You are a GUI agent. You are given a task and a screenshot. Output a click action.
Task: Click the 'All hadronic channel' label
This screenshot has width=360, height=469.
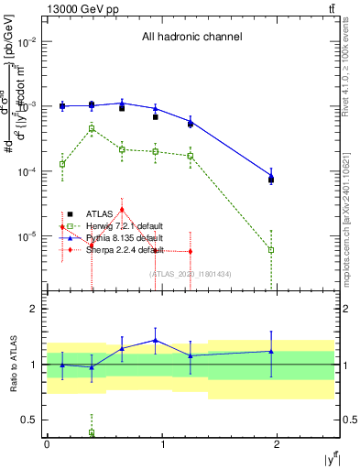pyautogui.click(x=191, y=37)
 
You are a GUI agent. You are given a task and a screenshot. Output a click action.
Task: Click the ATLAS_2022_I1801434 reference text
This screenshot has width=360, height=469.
pyautogui.click(x=190, y=274)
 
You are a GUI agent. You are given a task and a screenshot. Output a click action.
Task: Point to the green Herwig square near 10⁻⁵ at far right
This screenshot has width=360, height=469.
pyautogui.click(x=271, y=249)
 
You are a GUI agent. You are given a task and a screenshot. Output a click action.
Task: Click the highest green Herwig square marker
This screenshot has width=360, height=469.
pyautogui.click(x=92, y=129)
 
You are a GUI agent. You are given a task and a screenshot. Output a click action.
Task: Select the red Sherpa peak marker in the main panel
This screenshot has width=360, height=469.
pyautogui.click(x=122, y=210)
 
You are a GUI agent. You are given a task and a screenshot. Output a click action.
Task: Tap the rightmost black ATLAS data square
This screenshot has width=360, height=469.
pyautogui.click(x=271, y=180)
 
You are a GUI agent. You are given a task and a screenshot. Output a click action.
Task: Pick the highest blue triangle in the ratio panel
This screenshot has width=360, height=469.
pyautogui.click(x=156, y=340)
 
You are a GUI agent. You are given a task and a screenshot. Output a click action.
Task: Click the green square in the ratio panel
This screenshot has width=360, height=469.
pyautogui.click(x=92, y=432)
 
